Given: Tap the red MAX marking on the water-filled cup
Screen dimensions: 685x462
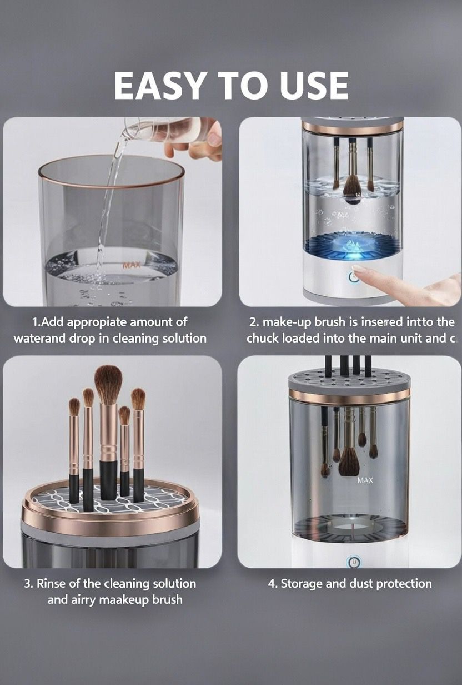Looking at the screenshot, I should (131, 265).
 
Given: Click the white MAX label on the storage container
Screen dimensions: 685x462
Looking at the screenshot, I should (365, 480).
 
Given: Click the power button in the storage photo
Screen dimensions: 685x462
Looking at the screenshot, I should (351, 562).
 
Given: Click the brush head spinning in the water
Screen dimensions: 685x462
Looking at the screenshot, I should (352, 189).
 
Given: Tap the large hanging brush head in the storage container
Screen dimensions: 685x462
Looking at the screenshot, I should (349, 461).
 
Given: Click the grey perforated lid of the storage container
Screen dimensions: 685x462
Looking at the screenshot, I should (349, 379).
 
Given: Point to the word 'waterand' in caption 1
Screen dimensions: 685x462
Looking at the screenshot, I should (36, 338).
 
